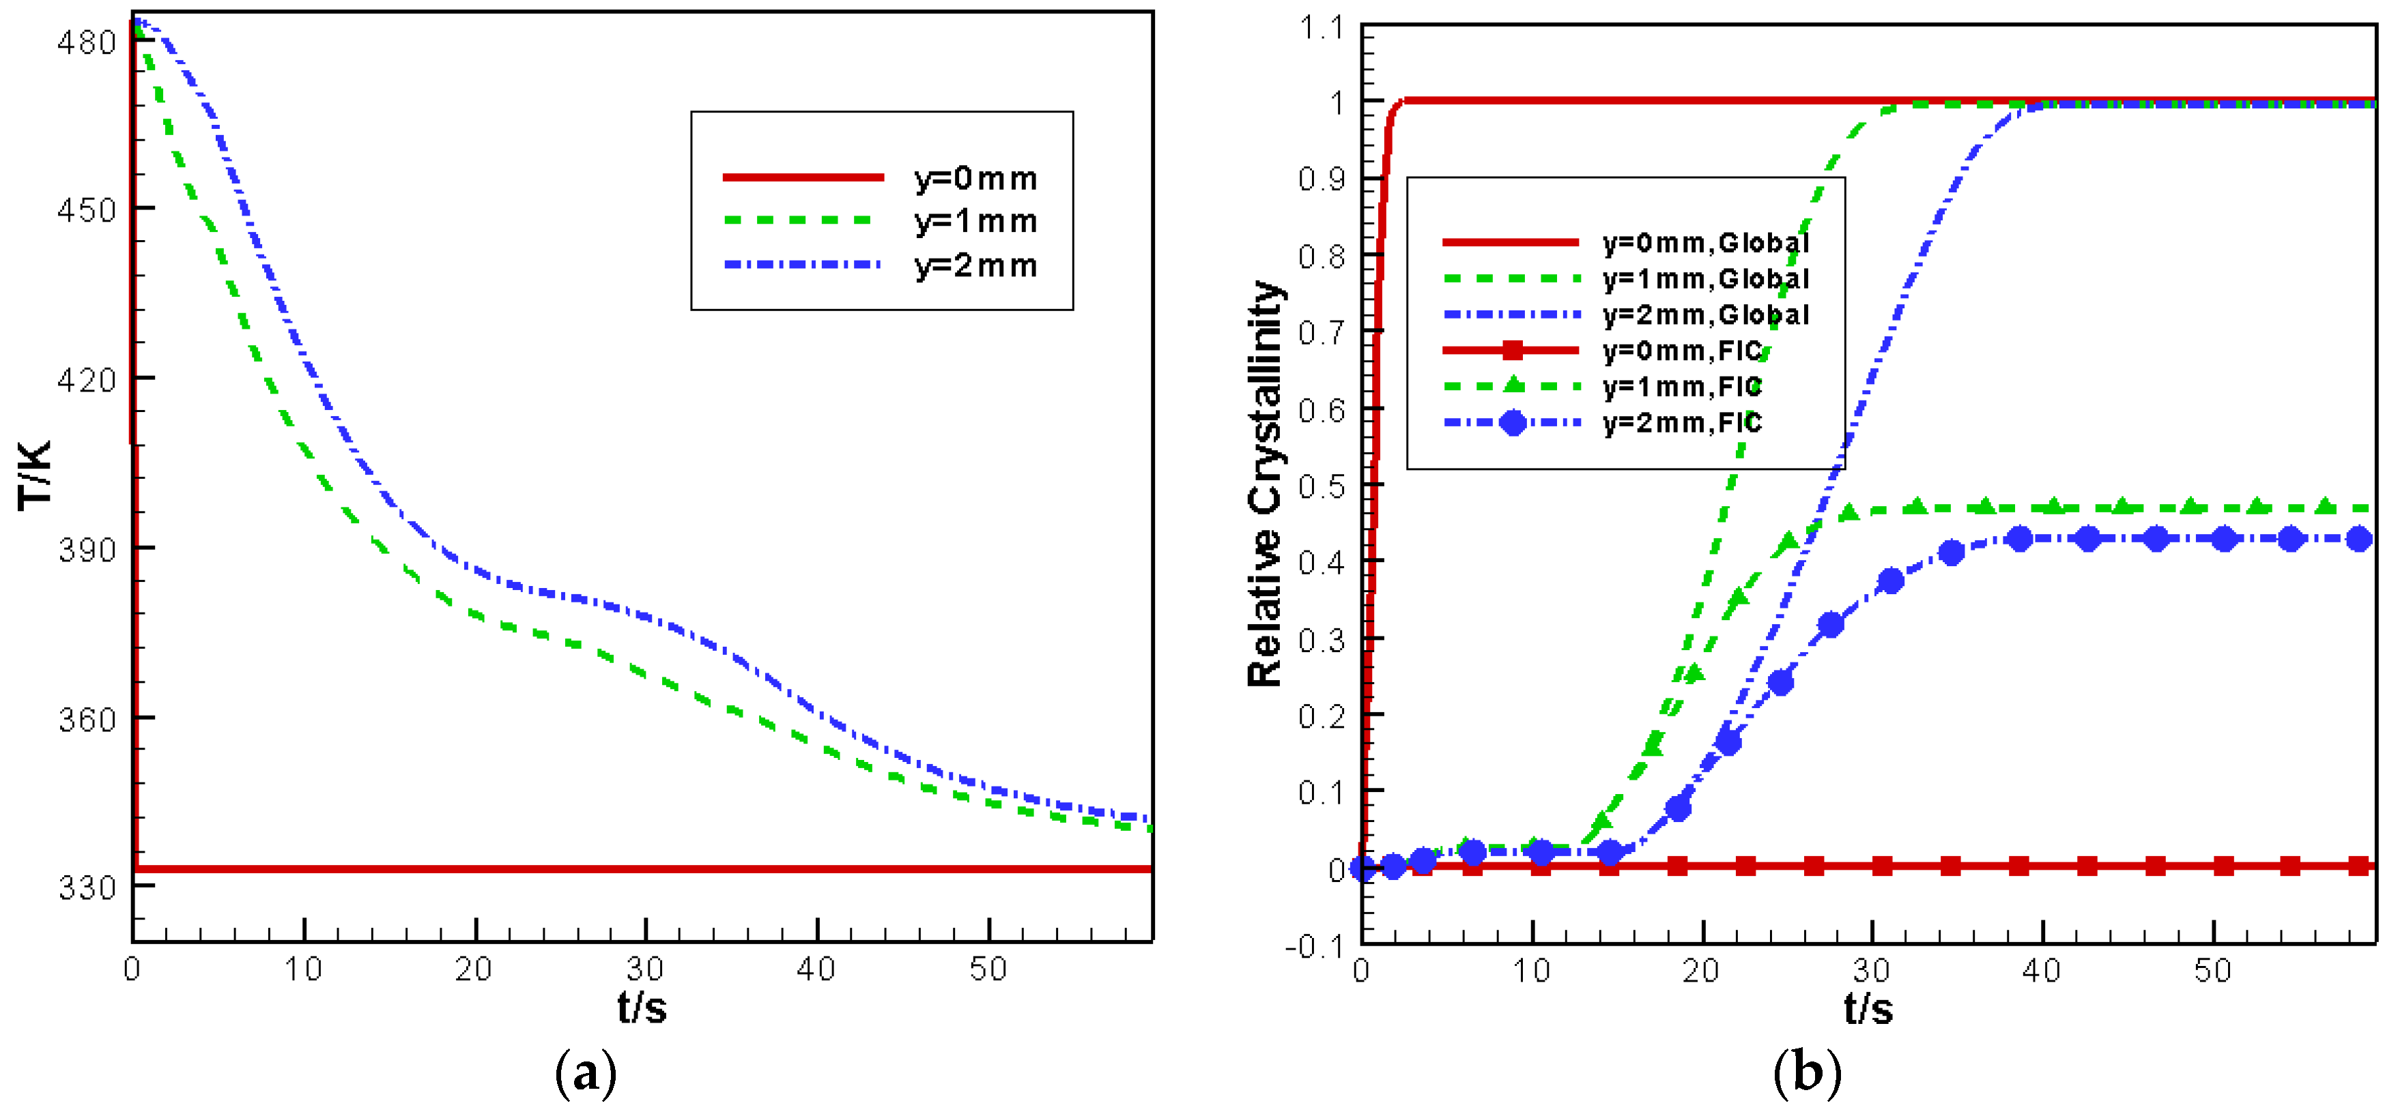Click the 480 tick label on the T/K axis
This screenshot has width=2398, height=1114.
87,43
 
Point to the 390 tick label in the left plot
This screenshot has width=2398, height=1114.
87,550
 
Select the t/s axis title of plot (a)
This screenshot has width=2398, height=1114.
642,1007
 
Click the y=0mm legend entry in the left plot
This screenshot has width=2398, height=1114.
975,178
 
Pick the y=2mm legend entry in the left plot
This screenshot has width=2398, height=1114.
975,266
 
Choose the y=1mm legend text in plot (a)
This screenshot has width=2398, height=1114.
975,222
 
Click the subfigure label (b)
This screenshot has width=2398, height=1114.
1807,1074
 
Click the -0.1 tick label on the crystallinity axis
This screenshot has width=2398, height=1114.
1315,946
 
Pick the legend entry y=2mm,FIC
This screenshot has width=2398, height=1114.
1682,424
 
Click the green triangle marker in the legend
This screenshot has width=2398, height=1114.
1513,384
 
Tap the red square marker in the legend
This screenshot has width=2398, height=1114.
1513,351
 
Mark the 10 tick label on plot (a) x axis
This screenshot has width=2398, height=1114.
304,970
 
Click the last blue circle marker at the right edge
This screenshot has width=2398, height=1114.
2358,539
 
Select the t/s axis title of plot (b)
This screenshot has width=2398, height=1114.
1868,1009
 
